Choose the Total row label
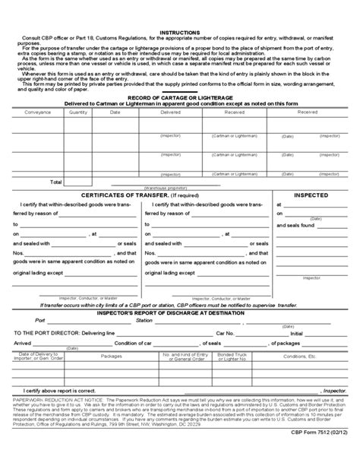point(55,182)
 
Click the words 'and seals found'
point(297,225)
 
